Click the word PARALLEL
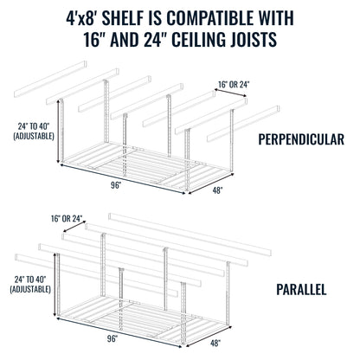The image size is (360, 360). click(301, 289)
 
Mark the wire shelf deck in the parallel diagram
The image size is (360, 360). click(130, 320)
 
